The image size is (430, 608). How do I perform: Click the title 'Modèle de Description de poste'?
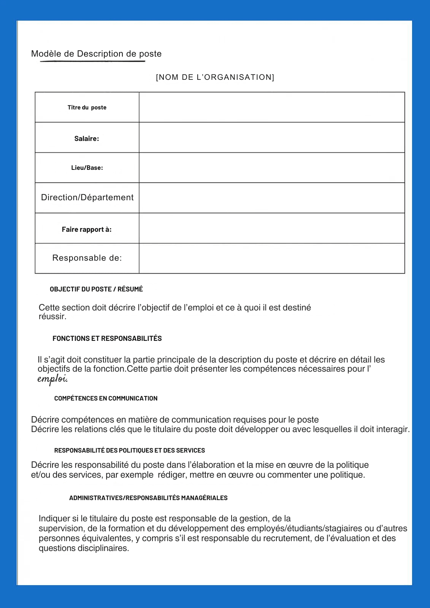coord(96,54)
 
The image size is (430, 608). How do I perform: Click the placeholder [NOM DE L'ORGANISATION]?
coord(215,77)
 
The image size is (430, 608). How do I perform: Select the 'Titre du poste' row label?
coord(87,108)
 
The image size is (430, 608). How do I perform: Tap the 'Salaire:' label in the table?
coord(87,139)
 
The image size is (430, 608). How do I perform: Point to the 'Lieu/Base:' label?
coord(87,168)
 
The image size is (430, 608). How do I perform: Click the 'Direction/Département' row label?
coord(87,197)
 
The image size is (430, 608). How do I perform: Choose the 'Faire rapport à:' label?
coord(87,229)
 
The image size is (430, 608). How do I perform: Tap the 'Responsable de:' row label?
coord(87,258)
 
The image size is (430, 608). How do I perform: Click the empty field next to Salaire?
coord(271,138)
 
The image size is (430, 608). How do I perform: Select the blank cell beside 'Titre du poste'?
coord(271,107)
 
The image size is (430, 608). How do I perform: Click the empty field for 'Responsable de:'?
coord(271,258)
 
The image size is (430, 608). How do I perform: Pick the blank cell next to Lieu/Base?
coord(271,168)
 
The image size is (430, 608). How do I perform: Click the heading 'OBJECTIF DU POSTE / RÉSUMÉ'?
coord(96,289)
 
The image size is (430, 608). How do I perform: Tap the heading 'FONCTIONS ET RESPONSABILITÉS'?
coord(107,339)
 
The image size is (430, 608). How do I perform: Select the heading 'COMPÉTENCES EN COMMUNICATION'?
coord(106,398)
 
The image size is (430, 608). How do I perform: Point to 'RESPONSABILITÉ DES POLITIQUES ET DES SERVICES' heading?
coord(129,450)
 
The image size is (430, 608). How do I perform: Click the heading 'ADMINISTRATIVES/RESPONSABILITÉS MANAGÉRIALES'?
coord(148,498)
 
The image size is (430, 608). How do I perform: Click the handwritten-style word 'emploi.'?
coord(52,379)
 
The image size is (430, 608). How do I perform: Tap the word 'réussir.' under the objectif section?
coord(52,317)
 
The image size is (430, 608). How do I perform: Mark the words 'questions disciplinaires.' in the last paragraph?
coord(84,548)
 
